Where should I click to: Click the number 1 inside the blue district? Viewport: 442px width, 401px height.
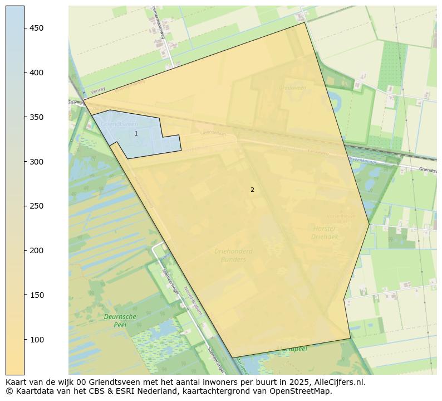pos(136,134)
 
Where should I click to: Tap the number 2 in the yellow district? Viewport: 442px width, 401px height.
pos(252,190)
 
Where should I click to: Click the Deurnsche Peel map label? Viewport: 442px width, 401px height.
pos(120,320)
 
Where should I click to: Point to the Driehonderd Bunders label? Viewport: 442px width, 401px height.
pos(233,255)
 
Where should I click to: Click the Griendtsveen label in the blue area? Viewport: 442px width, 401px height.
pos(119,124)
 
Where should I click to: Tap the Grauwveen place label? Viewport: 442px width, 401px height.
pos(293,88)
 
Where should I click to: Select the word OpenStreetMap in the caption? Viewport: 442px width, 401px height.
pos(305,391)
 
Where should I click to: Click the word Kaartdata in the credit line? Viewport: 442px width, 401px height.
pos(30,391)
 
